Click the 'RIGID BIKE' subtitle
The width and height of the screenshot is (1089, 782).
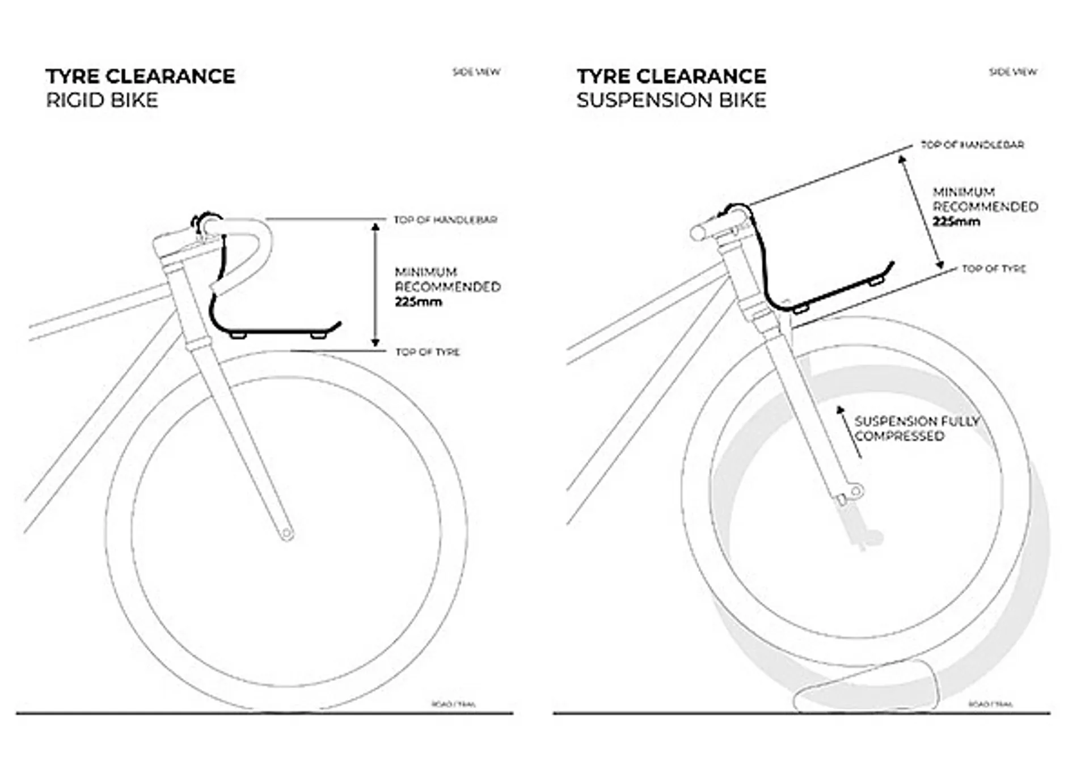tap(102, 100)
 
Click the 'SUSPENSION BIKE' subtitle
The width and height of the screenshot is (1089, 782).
tap(671, 100)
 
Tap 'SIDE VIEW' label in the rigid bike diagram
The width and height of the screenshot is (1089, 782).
tap(476, 72)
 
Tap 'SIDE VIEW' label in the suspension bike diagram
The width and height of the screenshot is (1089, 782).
tap(1013, 72)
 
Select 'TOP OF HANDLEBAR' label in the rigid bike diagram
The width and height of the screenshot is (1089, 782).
tap(446, 220)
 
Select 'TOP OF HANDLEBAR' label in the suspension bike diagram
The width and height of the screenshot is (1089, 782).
tap(972, 145)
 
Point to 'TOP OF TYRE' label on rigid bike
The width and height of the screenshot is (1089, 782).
tap(428, 352)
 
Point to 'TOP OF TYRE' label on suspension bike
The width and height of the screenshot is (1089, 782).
tap(994, 269)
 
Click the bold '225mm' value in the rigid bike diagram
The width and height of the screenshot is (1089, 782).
tap(418, 302)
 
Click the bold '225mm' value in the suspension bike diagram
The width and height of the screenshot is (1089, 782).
tap(956, 222)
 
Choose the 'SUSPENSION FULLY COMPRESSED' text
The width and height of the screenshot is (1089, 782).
tap(916, 429)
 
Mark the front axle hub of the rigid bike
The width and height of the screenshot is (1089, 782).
tap(287, 534)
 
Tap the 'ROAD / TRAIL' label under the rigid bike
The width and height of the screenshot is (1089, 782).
tap(454, 704)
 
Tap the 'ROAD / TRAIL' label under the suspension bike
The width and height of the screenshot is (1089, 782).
tap(990, 704)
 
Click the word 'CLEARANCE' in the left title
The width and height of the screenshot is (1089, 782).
tap(171, 77)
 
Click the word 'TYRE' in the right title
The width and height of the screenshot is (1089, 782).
tap(603, 77)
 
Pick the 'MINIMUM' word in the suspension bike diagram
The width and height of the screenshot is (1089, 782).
tap(964, 192)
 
